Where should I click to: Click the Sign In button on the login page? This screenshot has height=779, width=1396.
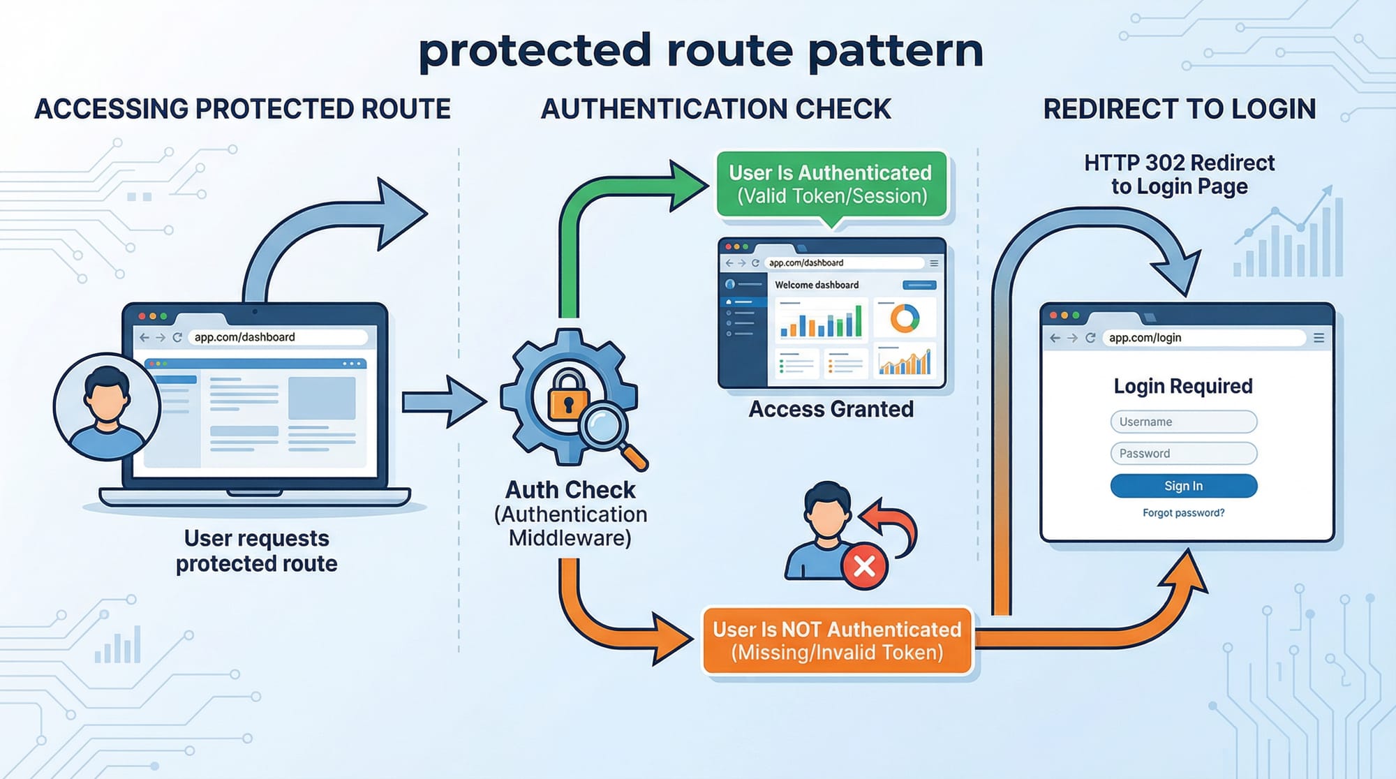[1183, 486]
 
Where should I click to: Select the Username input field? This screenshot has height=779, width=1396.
[1183, 422]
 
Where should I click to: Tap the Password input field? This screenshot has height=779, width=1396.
[1183, 453]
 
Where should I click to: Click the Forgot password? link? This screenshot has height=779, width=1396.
[1183, 513]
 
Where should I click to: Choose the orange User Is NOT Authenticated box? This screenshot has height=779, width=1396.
[837, 641]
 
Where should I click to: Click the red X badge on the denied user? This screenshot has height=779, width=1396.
[864, 565]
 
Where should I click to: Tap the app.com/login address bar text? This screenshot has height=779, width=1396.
[1145, 338]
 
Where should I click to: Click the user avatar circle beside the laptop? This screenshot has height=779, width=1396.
[107, 407]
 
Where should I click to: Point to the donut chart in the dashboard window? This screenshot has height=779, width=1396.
[905, 318]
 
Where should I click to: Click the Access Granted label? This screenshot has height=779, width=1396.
[831, 409]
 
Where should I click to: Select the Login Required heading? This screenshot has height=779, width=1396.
[1183, 386]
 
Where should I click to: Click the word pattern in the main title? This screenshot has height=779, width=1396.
[896, 51]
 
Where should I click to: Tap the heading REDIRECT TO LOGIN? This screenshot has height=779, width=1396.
[1180, 110]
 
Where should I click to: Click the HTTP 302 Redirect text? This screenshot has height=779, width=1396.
[1179, 163]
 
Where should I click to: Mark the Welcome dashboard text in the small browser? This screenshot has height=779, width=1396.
[817, 285]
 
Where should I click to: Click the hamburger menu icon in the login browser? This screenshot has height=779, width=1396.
[1319, 338]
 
